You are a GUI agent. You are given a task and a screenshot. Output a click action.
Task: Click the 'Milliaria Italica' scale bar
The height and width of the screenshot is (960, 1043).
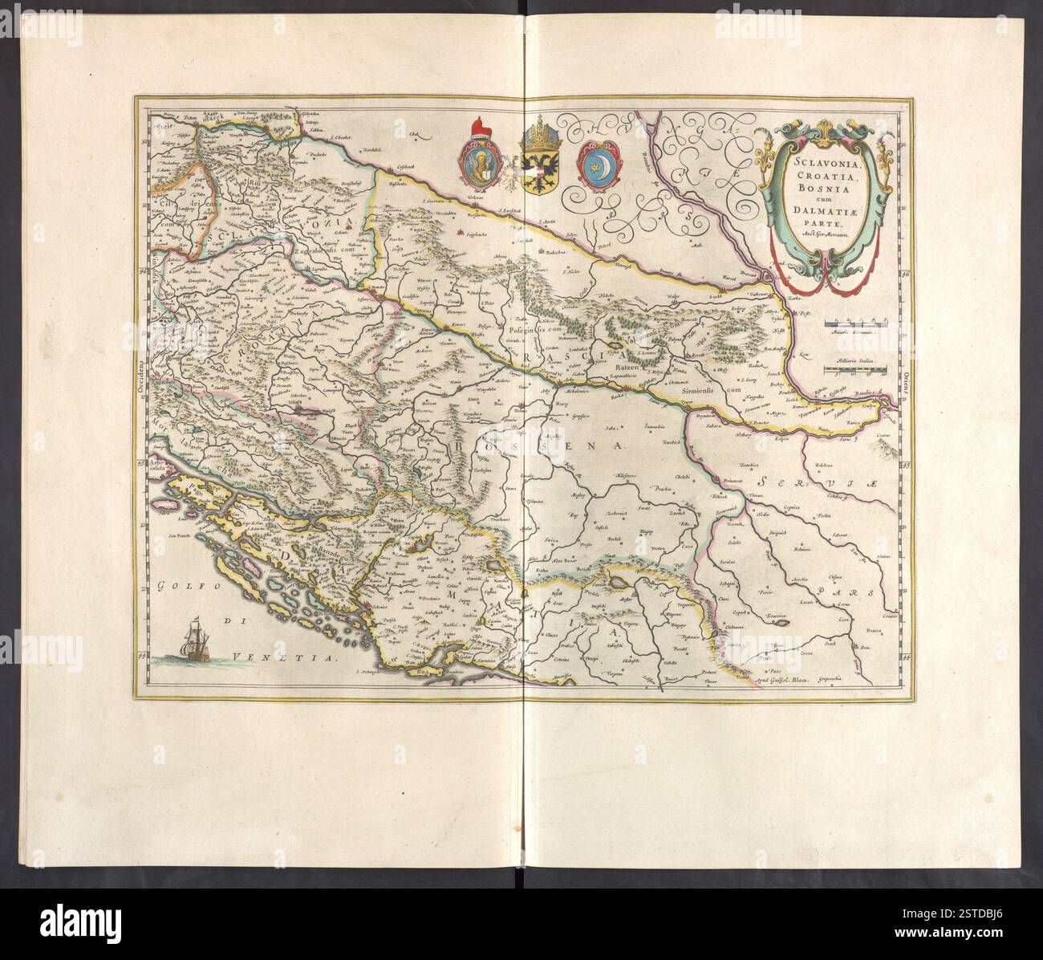coord(855,368)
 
